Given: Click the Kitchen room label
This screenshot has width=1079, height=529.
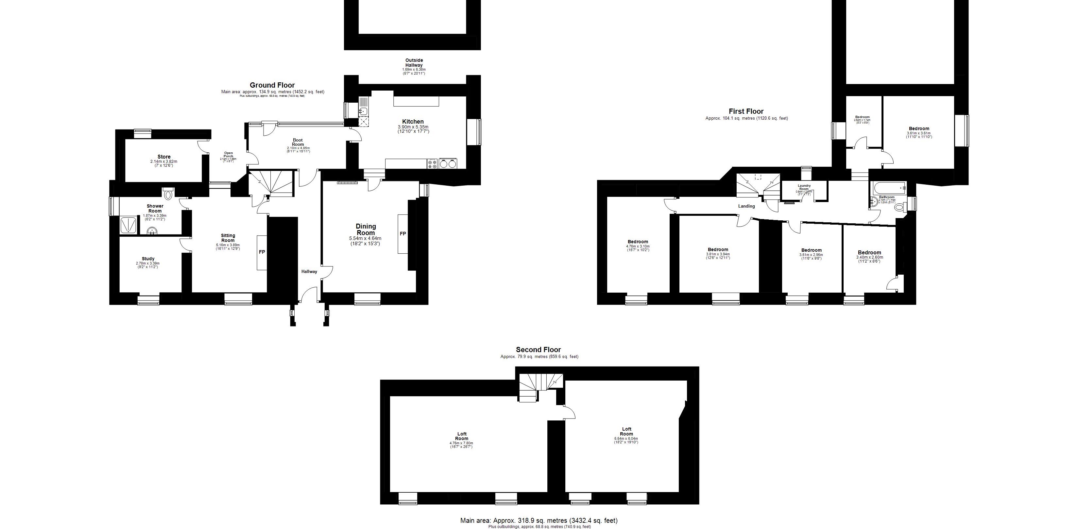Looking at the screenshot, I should (413, 122).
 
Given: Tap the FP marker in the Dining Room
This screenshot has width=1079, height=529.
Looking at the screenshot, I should (402, 234).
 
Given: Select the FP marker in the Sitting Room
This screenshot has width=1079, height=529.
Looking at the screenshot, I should (262, 252).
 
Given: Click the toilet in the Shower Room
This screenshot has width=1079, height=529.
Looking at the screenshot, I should (168, 194).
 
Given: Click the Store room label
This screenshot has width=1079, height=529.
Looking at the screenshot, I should (164, 157).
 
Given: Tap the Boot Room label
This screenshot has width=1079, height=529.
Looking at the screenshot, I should (298, 143).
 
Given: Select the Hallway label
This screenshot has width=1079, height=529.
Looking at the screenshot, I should (309, 271).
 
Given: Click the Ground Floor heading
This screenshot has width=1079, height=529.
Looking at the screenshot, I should (272, 85).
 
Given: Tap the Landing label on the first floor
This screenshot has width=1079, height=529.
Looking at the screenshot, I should (746, 206).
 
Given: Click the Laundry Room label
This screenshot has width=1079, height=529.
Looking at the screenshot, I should (804, 187).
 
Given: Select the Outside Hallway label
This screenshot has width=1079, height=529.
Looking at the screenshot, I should (414, 63).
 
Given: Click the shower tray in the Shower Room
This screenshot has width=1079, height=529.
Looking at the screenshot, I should (128, 225).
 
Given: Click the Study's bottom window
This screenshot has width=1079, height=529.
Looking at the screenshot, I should (149, 299).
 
